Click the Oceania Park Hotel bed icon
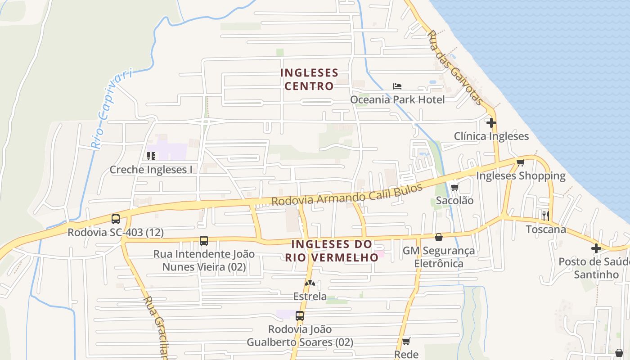click(397, 86)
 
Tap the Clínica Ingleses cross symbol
click(491, 122)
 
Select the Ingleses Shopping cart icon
click(521, 162)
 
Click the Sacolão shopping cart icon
click(454, 187)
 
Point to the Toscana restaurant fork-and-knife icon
click(546, 216)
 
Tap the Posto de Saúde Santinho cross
click(596, 248)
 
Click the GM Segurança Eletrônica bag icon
click(438, 237)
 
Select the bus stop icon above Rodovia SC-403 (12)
click(116, 219)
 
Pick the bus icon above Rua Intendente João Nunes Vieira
click(204, 241)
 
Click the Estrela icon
click(310, 283)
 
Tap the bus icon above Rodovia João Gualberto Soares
click(300, 316)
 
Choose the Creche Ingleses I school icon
click(151, 156)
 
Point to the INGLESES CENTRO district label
click(309, 79)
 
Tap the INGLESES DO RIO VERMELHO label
click(332, 251)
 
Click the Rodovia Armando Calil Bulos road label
click(347, 194)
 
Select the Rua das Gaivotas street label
click(455, 67)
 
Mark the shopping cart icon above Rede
click(406, 341)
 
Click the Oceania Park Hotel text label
click(397, 99)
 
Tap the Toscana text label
click(546, 229)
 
